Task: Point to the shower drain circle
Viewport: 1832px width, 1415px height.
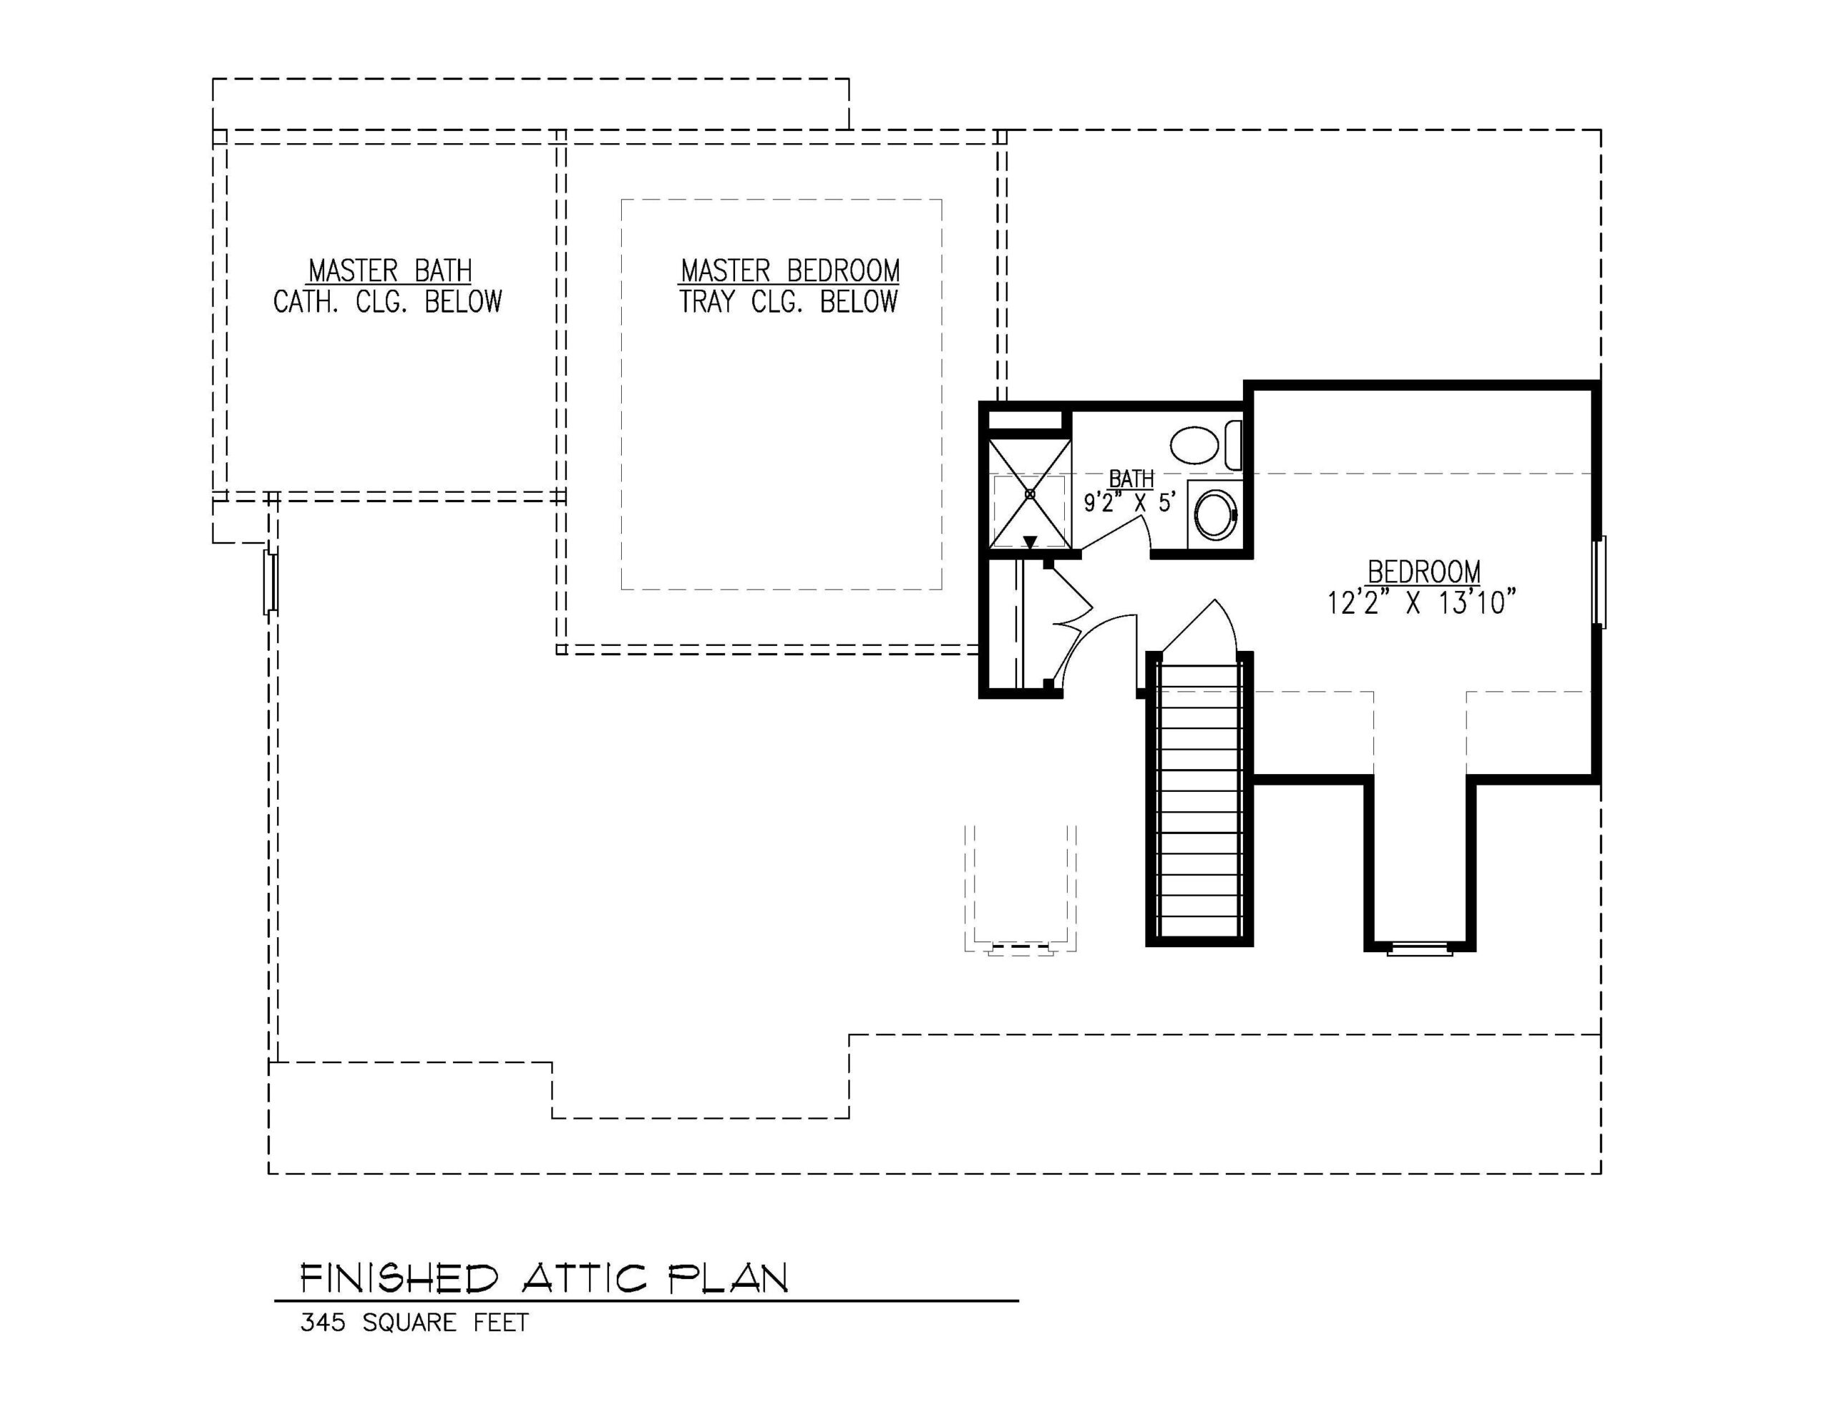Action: pyautogui.click(x=1030, y=494)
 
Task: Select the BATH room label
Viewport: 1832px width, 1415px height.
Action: pyautogui.click(x=1131, y=479)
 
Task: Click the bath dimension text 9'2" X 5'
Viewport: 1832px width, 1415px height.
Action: pyautogui.click(x=1130, y=502)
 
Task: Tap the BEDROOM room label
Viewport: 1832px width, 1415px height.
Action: pyautogui.click(x=1423, y=572)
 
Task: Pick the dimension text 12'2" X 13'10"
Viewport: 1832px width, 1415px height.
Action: pyautogui.click(x=1422, y=602)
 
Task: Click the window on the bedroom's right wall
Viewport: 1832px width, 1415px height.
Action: pyautogui.click(x=1599, y=582)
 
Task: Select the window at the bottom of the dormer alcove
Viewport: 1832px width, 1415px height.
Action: pyautogui.click(x=1419, y=949)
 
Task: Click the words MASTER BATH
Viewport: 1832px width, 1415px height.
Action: pyautogui.click(x=390, y=271)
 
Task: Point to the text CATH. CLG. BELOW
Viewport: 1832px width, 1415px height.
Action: pyautogui.click(x=388, y=301)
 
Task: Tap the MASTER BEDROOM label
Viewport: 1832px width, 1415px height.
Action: pyautogui.click(x=790, y=271)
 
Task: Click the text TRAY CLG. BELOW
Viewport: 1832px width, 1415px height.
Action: pyautogui.click(x=789, y=301)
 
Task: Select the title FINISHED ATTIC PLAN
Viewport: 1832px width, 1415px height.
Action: pyautogui.click(x=545, y=1279)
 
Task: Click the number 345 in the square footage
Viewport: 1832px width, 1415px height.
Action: pyautogui.click(x=323, y=1323)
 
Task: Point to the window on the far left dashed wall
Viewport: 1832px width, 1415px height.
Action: pyautogui.click(x=270, y=582)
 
